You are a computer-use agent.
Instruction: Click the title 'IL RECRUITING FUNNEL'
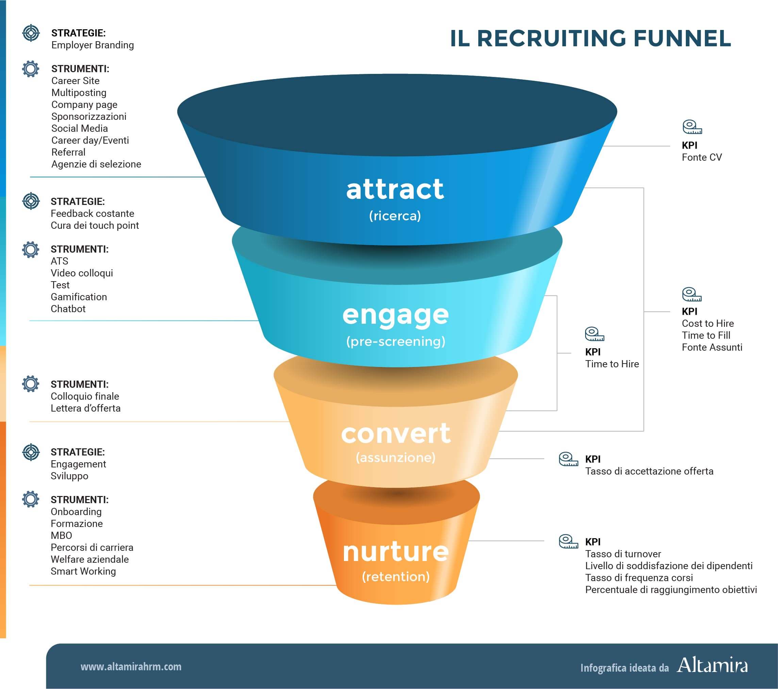click(x=590, y=38)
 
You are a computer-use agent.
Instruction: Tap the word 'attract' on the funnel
click(x=395, y=189)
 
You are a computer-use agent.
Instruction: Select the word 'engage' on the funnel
click(x=396, y=315)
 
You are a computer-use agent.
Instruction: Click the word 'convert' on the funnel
click(x=396, y=433)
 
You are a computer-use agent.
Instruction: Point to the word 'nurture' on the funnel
click(x=396, y=552)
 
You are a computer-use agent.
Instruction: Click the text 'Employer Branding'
click(x=93, y=45)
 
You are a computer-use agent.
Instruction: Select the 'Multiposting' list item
click(x=79, y=93)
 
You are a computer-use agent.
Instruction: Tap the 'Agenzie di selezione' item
click(x=96, y=164)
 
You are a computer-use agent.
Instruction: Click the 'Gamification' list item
click(x=79, y=297)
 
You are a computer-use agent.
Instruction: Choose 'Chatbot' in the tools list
click(x=68, y=308)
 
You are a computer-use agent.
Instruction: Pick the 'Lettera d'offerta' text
click(x=86, y=408)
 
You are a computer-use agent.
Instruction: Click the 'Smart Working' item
click(x=83, y=571)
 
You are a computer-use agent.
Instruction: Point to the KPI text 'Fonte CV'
click(x=701, y=157)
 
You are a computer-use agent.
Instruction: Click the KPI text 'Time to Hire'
click(x=612, y=364)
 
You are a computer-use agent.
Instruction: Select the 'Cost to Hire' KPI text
click(x=708, y=323)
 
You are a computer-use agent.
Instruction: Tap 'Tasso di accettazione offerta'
click(x=649, y=471)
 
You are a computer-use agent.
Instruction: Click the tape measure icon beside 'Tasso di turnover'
click(x=568, y=541)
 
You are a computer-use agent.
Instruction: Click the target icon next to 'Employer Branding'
click(x=31, y=33)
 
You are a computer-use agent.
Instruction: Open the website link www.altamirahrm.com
click(x=131, y=667)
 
